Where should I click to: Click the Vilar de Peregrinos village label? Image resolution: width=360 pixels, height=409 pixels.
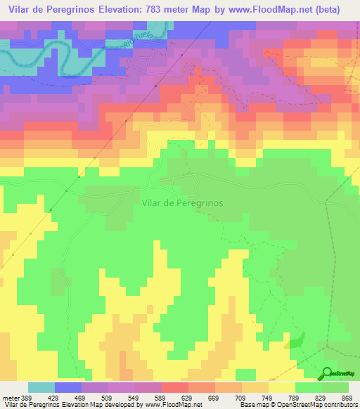click(x=182, y=202)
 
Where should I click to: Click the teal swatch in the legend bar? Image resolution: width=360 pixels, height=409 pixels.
click(x=41, y=388)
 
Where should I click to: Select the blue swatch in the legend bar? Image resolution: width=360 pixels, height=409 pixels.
click(x=68, y=388)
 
